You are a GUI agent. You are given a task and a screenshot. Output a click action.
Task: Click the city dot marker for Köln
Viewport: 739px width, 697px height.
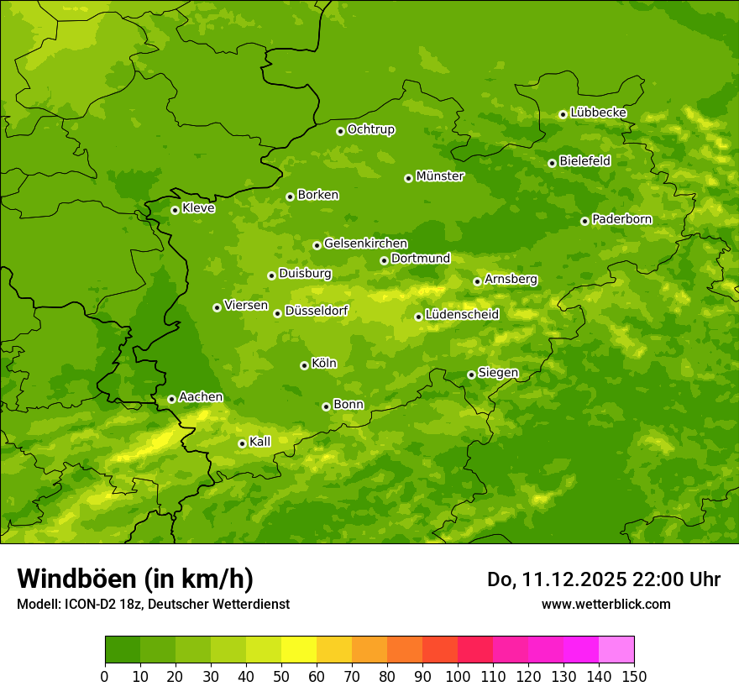pyautogui.click(x=304, y=365)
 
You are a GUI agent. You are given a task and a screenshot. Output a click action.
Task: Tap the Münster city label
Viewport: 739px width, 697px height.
pyautogui.click(x=440, y=176)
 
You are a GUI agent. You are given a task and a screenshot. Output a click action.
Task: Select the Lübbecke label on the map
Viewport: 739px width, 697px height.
pyautogui.click(x=598, y=113)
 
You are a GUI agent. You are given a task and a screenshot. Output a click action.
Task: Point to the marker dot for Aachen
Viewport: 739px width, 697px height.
pyautogui.click(x=171, y=399)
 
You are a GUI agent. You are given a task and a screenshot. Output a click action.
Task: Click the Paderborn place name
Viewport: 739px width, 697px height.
pyautogui.click(x=621, y=219)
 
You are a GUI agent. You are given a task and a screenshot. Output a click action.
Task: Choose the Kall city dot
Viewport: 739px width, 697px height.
pyautogui.click(x=242, y=443)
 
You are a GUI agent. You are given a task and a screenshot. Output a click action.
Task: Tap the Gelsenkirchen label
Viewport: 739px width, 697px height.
pyautogui.click(x=365, y=244)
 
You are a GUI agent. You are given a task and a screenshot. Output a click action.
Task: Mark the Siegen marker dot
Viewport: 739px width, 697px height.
pyautogui.click(x=471, y=375)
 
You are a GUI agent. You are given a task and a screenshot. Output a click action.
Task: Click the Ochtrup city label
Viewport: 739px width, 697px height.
pyautogui.click(x=370, y=129)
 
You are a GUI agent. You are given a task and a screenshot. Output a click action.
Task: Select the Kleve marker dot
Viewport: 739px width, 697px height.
pyautogui.click(x=175, y=210)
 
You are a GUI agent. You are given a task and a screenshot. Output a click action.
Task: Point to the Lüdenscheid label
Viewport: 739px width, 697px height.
pyautogui.click(x=462, y=315)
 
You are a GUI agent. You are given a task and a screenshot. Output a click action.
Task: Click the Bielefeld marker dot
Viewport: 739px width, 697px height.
pyautogui.click(x=552, y=163)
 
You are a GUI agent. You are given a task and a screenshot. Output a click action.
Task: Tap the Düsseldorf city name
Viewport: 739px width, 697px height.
pyautogui.click(x=317, y=311)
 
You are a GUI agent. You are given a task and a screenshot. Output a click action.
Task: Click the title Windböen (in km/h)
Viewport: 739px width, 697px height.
pyautogui.click(x=135, y=579)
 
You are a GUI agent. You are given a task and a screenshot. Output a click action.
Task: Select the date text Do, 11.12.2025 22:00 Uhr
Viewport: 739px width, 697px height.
pyautogui.click(x=603, y=579)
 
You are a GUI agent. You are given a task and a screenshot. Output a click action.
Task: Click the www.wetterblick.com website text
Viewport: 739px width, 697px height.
pyautogui.click(x=605, y=604)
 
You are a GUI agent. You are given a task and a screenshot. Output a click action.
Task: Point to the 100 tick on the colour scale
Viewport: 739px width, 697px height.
pyautogui.click(x=458, y=676)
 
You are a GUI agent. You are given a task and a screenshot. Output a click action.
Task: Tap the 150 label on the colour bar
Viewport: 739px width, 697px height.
pyautogui.click(x=634, y=676)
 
